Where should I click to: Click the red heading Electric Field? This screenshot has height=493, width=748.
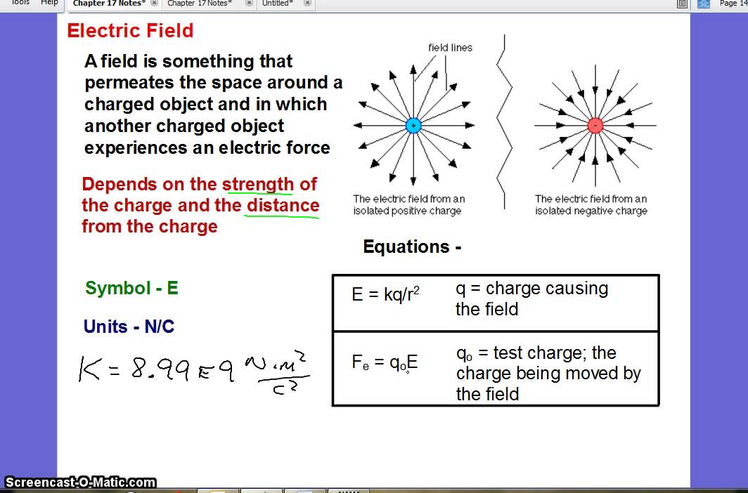pyautogui.click(x=130, y=31)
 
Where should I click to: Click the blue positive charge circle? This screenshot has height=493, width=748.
pyautogui.click(x=413, y=126)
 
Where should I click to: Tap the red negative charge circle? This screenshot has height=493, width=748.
pyautogui.click(x=595, y=126)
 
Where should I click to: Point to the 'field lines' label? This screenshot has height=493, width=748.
pyautogui.click(x=450, y=48)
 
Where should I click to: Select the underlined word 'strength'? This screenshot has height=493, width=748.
pyautogui.click(x=257, y=185)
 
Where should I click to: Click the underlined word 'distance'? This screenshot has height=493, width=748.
pyautogui.click(x=283, y=206)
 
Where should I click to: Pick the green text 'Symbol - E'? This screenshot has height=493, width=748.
pyautogui.click(x=131, y=288)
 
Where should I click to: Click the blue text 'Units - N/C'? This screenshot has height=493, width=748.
pyautogui.click(x=129, y=327)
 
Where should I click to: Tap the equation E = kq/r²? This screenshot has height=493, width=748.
pyautogui.click(x=385, y=294)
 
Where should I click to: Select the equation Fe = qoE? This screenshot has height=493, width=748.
pyautogui.click(x=385, y=362)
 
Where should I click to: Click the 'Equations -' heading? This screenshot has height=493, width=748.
pyautogui.click(x=412, y=247)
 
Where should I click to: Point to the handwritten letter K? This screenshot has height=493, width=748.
pyautogui.click(x=89, y=369)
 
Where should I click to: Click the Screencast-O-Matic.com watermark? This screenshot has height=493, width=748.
pyautogui.click(x=80, y=482)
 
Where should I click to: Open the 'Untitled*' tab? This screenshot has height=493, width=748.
pyautogui.click(x=278, y=4)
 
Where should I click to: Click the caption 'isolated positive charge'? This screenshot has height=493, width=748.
pyautogui.click(x=407, y=211)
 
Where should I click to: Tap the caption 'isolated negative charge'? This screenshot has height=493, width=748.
pyautogui.click(x=591, y=211)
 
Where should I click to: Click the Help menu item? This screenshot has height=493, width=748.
pyautogui.click(x=49, y=3)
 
